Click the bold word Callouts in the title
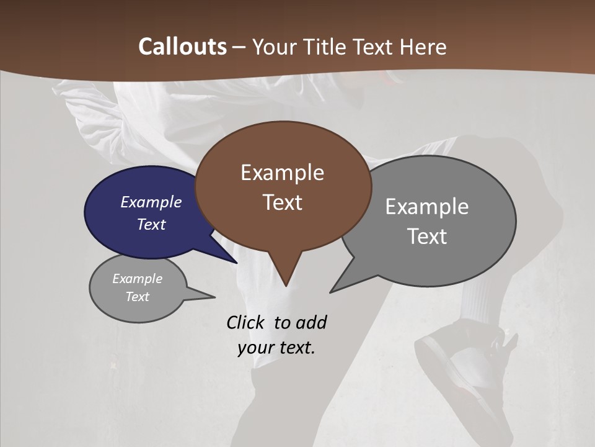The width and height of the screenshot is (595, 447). tap(182, 47)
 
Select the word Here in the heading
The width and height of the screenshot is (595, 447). tap(423, 47)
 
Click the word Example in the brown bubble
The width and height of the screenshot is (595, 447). tap(282, 173)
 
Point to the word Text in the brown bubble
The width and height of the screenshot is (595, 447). tap(282, 202)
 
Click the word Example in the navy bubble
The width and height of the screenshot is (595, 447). tap(151, 202)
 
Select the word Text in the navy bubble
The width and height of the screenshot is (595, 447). tap(151, 224)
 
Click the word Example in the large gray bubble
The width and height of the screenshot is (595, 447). tap(426, 207)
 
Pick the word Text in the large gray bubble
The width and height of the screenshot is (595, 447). tap(426, 237)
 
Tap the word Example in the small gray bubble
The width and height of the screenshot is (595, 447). tap(137, 279)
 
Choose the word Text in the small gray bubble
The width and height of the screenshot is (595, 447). tap(137, 297)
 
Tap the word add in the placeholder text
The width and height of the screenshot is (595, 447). tap(311, 322)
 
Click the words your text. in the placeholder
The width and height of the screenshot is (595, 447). tap(276, 348)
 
